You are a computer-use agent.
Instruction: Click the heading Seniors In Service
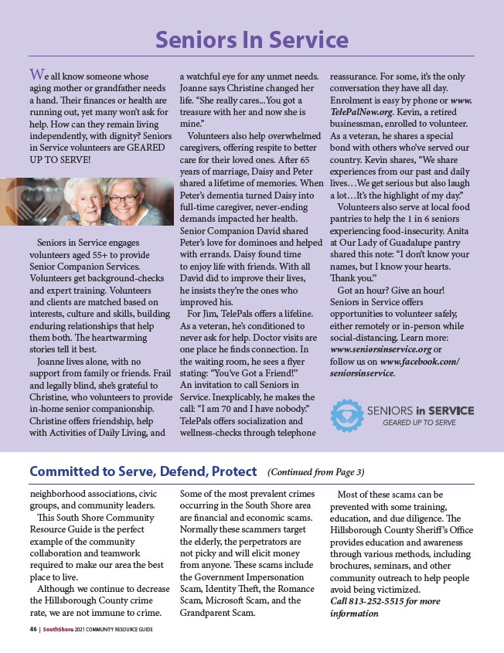252,39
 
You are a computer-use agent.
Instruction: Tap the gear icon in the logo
347,415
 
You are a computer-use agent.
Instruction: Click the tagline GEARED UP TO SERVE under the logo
419,423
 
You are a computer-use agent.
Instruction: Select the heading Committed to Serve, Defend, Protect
143,471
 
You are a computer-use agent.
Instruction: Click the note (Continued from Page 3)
315,472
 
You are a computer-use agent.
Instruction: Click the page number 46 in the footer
23,630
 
